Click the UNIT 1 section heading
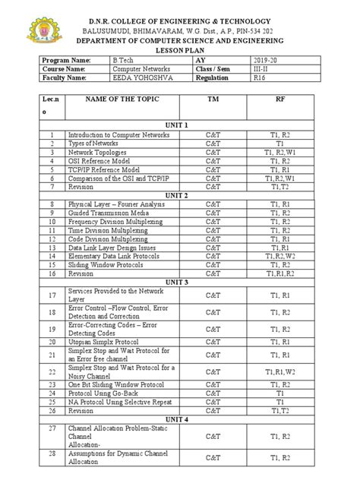click(181, 124)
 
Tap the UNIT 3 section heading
click(181, 283)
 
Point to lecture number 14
click(52, 256)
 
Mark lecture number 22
click(52, 371)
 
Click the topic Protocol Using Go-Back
click(106, 394)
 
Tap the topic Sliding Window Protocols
click(107, 265)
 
